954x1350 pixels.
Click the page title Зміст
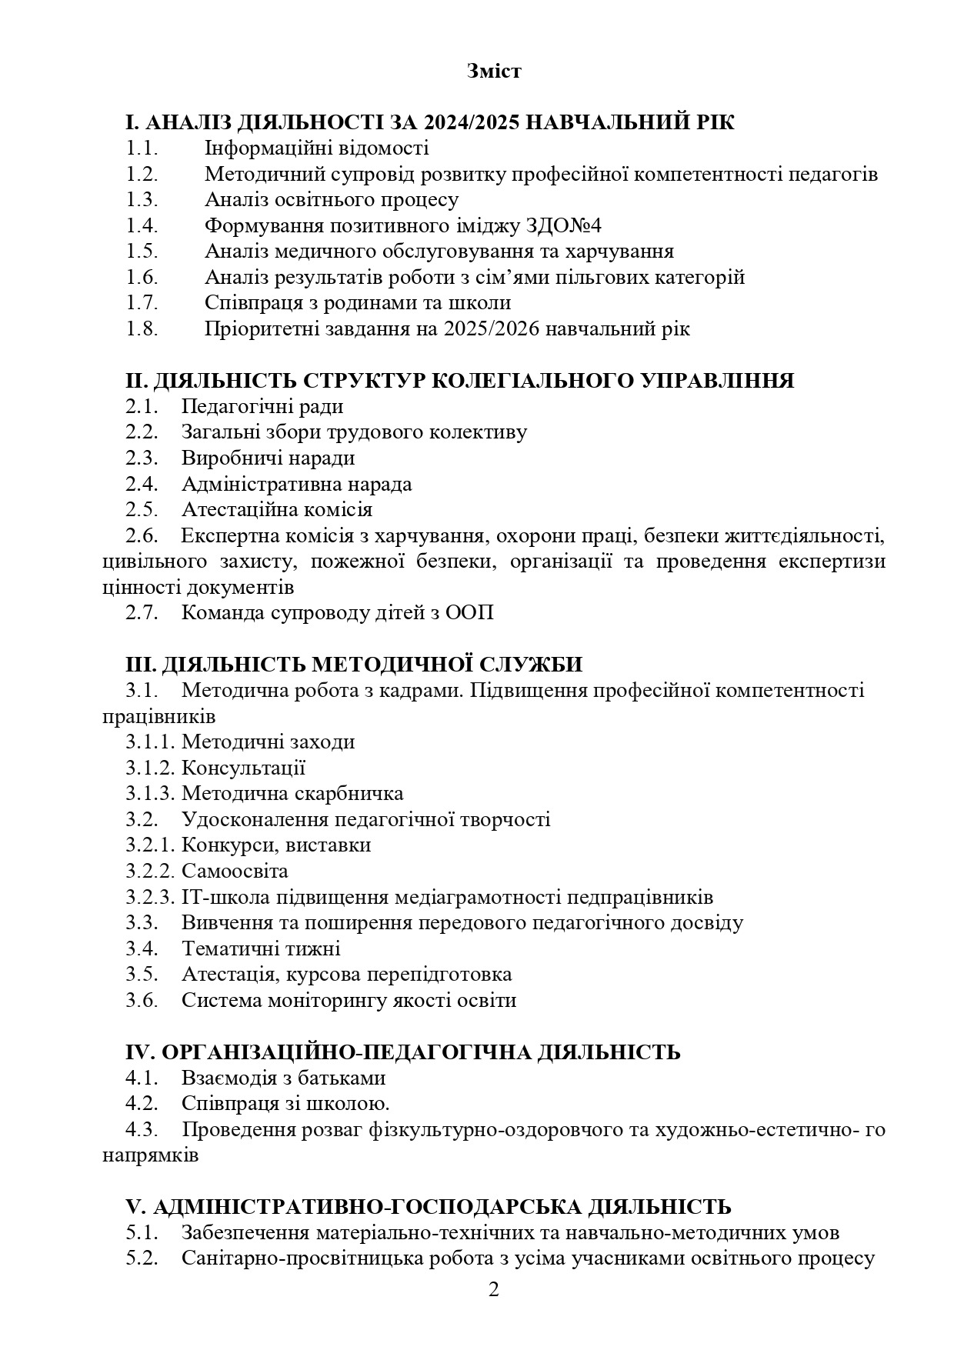(493, 72)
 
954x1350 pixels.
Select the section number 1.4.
(142, 225)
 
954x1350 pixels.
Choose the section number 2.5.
(142, 509)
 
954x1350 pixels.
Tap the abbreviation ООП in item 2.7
(469, 613)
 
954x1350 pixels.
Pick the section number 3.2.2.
(152, 871)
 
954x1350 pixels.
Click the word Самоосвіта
(235, 871)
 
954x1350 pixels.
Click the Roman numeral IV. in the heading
(141, 1052)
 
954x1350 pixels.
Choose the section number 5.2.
(142, 1258)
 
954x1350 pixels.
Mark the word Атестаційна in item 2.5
(235, 509)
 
